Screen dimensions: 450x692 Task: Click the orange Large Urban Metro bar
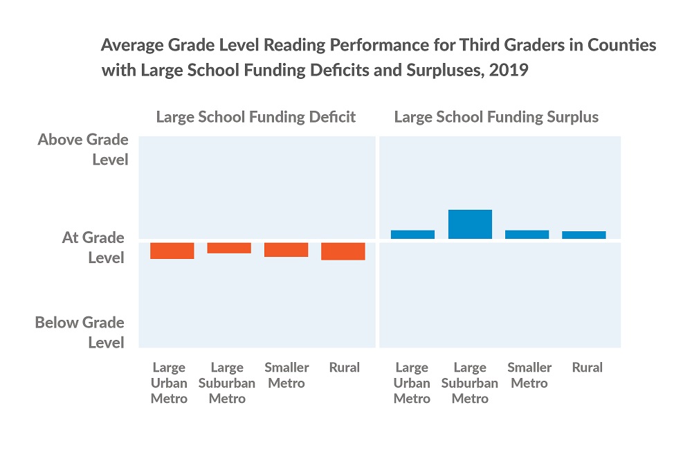172,251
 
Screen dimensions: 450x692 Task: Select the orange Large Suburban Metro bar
229,248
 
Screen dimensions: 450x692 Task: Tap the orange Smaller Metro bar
286,250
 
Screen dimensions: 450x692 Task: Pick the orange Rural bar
343,251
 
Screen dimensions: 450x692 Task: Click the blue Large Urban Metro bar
412,234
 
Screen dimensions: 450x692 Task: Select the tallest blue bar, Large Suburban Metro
470,224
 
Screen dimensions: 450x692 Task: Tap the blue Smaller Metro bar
527,234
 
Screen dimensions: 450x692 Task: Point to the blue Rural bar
583,235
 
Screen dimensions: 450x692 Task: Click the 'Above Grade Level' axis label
83,150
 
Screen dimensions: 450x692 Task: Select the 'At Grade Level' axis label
93,247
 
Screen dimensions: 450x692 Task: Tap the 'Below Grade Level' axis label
80,332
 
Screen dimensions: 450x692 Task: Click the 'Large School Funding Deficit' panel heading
256,117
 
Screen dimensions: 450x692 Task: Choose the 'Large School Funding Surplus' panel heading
496,117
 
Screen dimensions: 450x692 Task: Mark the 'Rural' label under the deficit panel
344,368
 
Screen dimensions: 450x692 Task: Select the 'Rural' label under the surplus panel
587,368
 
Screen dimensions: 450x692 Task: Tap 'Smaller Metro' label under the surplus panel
529,375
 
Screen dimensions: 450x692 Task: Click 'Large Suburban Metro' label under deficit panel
227,383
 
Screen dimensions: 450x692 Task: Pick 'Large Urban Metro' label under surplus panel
412,383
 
